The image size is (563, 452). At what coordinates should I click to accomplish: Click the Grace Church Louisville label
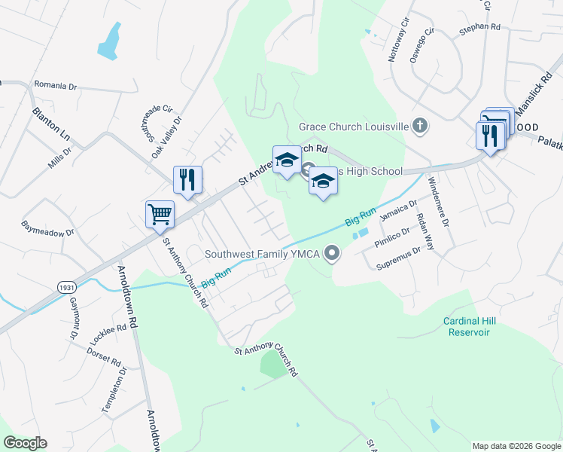click(353, 127)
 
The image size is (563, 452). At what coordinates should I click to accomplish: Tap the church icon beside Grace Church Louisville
click(421, 127)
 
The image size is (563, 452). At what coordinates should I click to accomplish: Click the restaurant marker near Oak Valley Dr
click(187, 180)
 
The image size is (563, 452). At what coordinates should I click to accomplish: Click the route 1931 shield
click(65, 287)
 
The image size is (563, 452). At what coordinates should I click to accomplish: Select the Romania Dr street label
click(56, 87)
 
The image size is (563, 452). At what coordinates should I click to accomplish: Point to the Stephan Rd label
click(479, 27)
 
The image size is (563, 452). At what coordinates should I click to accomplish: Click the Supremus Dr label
click(399, 258)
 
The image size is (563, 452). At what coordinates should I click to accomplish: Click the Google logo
click(25, 443)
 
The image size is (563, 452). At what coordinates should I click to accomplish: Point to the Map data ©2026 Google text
click(516, 446)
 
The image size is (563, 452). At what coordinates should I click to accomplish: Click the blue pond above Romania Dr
click(109, 42)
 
